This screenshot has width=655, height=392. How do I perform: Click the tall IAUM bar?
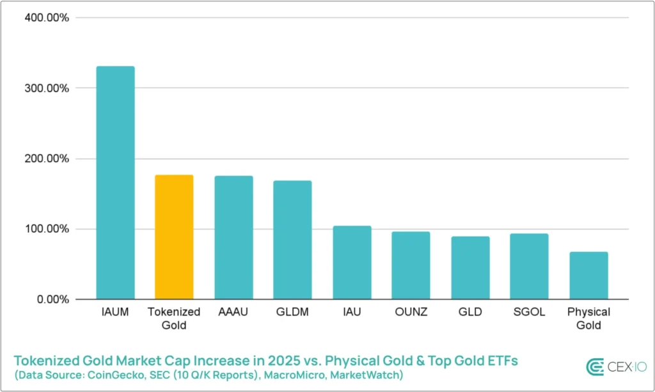tap(115, 183)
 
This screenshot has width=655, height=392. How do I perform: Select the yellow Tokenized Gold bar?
tap(174, 237)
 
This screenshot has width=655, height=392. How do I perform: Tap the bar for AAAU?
tap(233, 238)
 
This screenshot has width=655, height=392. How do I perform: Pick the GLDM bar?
tap(292, 240)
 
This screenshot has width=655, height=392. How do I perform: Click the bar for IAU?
tap(352, 263)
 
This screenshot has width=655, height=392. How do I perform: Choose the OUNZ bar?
tap(411, 265)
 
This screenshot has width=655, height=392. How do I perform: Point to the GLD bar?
tap(470, 268)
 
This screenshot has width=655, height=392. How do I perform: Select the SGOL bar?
tap(529, 267)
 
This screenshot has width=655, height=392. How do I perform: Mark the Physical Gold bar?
tap(588, 276)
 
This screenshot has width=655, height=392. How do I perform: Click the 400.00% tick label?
tap(46, 17)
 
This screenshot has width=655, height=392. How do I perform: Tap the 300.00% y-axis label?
tap(46, 88)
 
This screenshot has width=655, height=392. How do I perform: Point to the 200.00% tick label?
tap(46, 159)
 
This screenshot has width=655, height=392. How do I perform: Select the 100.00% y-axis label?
tap(46, 229)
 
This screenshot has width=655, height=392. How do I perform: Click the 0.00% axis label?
tap(51, 299)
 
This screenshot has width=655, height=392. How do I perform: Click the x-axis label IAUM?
tap(115, 313)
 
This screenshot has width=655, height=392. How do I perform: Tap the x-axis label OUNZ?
tap(411, 313)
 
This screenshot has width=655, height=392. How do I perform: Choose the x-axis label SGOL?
tap(529, 313)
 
